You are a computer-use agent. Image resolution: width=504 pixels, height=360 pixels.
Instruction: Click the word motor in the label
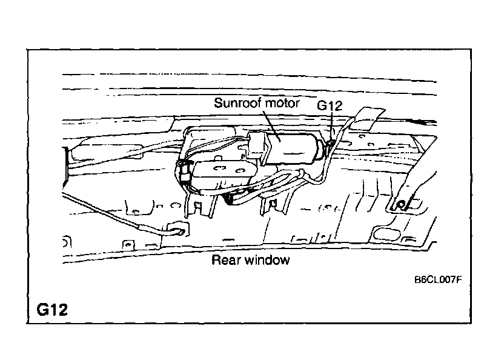pos(282,104)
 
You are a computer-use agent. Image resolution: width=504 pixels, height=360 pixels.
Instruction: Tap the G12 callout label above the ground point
pos(330,106)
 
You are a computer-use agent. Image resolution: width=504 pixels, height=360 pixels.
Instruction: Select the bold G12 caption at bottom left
pos(52,310)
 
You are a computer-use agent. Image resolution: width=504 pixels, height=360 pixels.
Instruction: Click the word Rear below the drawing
pos(224,261)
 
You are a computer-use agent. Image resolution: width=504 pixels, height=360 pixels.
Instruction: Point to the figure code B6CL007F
pos(438,280)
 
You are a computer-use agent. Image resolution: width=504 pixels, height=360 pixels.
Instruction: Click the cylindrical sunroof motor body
pos(294,148)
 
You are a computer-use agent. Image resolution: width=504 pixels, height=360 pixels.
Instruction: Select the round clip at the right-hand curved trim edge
pos(400,203)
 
